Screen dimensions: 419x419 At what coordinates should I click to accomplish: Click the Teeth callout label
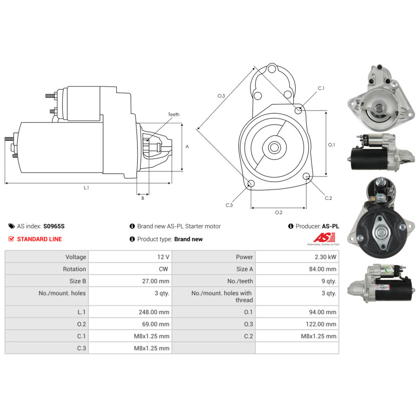pyautogui.click(x=173, y=114)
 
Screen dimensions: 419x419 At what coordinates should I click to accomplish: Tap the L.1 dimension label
pyautogui.click(x=86, y=188)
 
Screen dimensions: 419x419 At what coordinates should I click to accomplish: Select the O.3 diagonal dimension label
pyautogui.click(x=221, y=96)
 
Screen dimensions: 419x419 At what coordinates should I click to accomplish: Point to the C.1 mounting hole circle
pyautogui.click(x=298, y=110)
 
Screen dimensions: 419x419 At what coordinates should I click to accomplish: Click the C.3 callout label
pyautogui.click(x=229, y=205)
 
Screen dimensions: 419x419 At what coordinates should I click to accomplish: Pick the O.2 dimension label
pyautogui.click(x=278, y=212)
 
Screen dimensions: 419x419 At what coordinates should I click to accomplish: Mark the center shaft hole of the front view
pyautogui.click(x=274, y=147)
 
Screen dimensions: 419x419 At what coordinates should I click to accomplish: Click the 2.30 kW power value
pyautogui.click(x=326, y=257)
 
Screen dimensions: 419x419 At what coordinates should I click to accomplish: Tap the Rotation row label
pyautogui.click(x=74, y=269)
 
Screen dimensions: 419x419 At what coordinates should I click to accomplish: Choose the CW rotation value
pyautogui.click(x=164, y=269)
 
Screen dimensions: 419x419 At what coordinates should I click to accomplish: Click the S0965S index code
pyautogui.click(x=54, y=226)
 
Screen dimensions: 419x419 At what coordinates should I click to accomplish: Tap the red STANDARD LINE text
pyautogui.click(x=39, y=239)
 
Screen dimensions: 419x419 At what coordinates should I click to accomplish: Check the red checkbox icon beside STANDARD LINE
pyautogui.click(x=12, y=239)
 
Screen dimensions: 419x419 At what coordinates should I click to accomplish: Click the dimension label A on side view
pyautogui.click(x=187, y=147)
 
